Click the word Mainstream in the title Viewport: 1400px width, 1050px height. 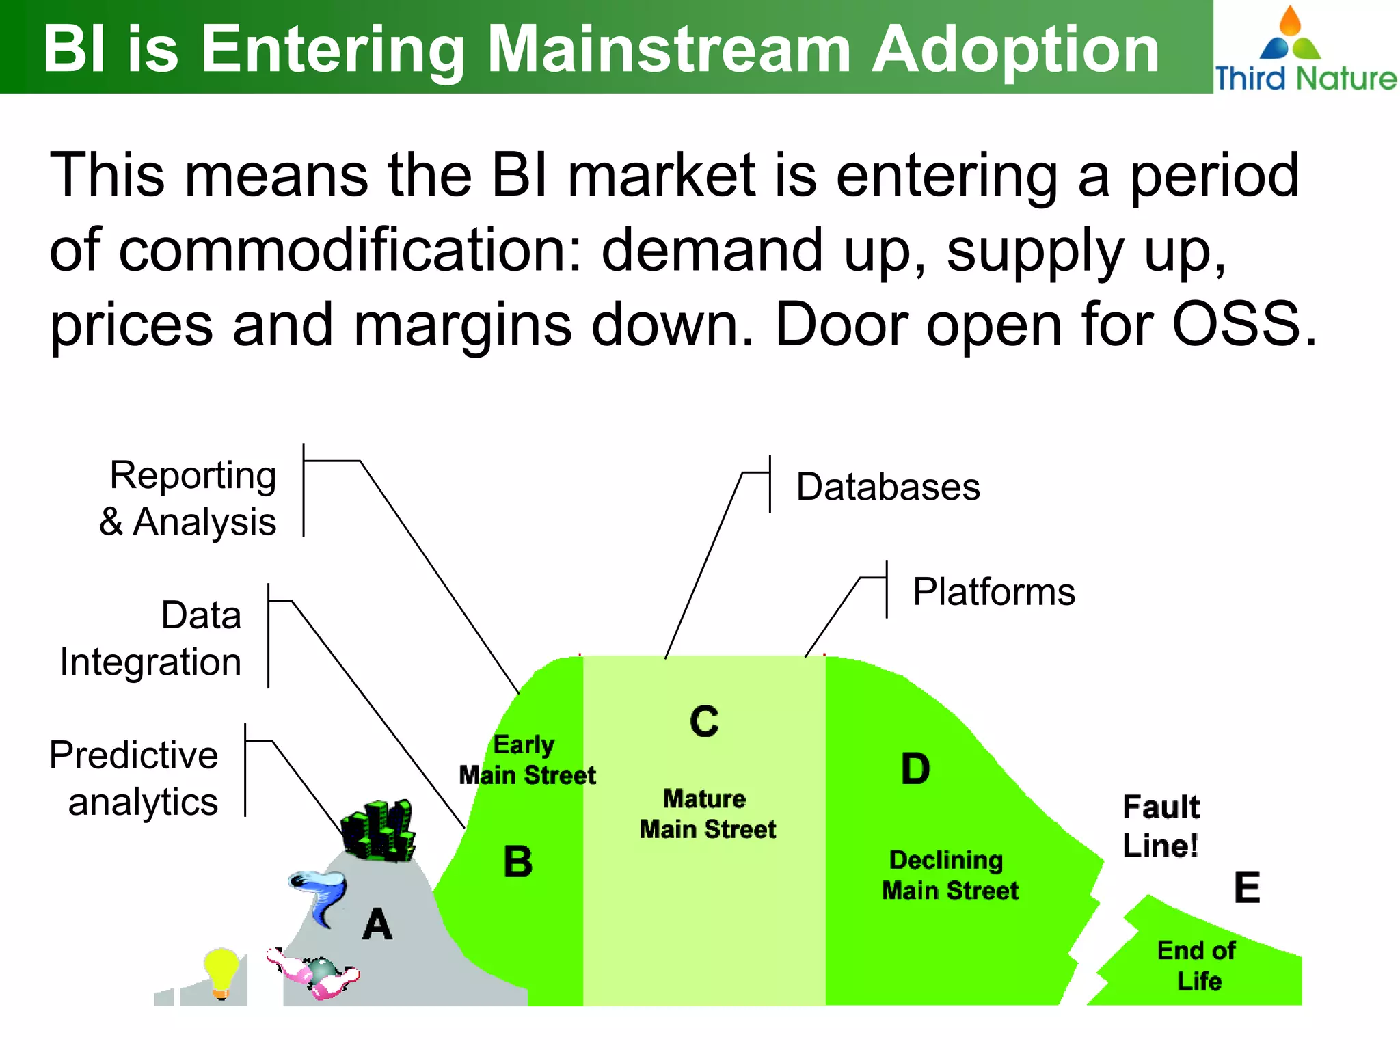point(670,49)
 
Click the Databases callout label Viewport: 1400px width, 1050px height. point(887,487)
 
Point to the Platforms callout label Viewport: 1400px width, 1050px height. point(993,592)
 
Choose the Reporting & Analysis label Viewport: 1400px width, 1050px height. point(189,498)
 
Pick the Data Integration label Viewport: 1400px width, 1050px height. point(152,638)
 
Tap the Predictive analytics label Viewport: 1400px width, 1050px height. point(134,778)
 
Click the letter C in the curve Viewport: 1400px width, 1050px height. point(704,722)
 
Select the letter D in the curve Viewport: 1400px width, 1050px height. point(915,769)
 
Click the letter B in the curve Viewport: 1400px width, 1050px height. point(517,862)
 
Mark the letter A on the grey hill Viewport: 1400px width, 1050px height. point(377,925)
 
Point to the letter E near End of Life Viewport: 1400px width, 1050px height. point(1247,888)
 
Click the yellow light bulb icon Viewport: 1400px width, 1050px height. point(221,973)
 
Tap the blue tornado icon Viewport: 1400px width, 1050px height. point(319,896)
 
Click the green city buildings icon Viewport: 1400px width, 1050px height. point(378,831)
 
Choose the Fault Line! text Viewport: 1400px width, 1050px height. point(1161,826)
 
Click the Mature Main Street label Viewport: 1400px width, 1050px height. point(708,814)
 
